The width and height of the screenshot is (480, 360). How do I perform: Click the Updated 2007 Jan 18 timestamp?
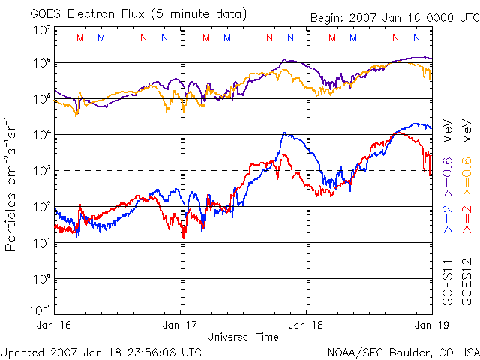coord(101,351)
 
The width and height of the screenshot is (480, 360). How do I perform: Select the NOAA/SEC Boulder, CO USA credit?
coord(403,351)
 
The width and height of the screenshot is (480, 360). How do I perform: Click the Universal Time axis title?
coord(243,337)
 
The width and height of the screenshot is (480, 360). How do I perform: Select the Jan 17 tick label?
coord(181,325)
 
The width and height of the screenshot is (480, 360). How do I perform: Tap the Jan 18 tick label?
coord(307,325)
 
